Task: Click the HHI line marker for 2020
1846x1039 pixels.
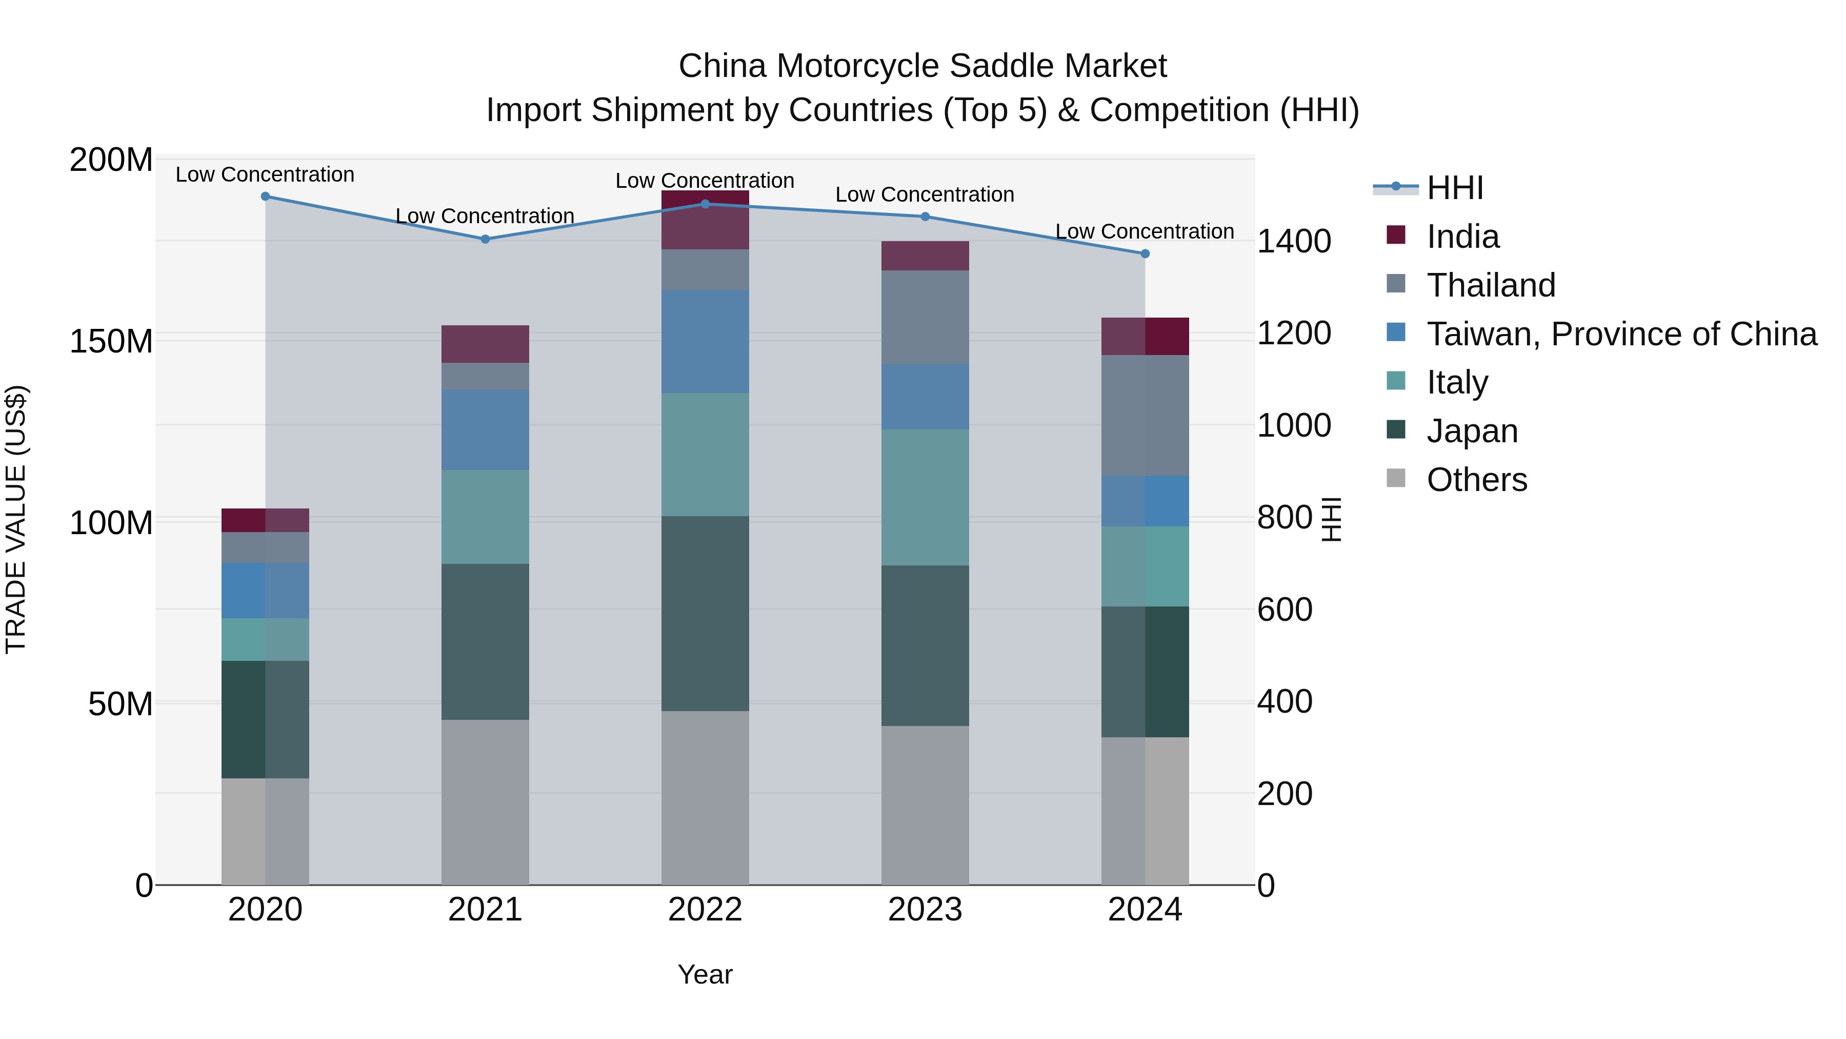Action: [265, 197]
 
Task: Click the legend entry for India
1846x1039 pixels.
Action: [1462, 237]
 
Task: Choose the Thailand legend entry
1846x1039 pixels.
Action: [1491, 285]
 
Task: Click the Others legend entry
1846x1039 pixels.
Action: [1476, 480]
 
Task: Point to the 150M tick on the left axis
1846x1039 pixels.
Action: [111, 341]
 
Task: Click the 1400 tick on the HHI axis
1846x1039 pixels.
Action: [1294, 242]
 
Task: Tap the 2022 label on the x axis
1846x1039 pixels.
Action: [705, 910]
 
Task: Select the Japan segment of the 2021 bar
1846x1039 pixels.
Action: [485, 642]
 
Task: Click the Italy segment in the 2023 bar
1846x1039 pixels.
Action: [925, 498]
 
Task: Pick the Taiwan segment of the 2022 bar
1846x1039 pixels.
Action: [705, 341]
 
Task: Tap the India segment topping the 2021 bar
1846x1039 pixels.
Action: [485, 344]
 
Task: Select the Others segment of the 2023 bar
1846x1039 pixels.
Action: [925, 805]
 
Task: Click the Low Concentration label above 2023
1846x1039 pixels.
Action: [925, 194]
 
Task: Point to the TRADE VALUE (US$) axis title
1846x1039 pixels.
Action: [16, 519]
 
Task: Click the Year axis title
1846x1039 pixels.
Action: [705, 974]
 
